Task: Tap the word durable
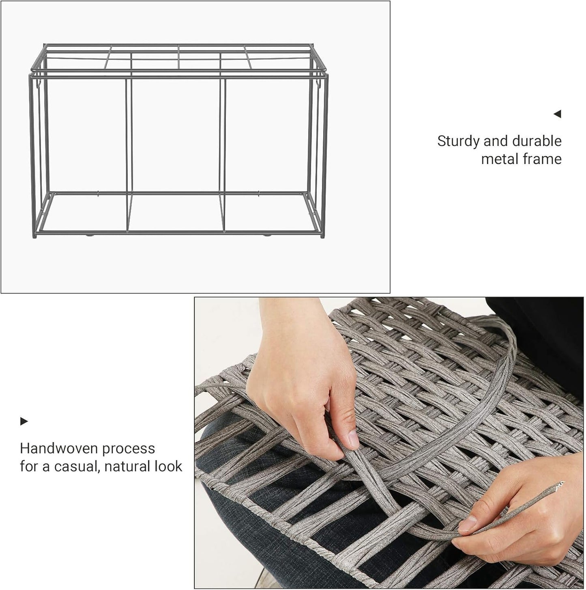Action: click(537, 141)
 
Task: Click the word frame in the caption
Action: click(544, 159)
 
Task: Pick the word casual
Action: click(75, 466)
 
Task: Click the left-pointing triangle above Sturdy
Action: click(558, 114)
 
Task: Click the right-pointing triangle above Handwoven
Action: click(24, 421)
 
